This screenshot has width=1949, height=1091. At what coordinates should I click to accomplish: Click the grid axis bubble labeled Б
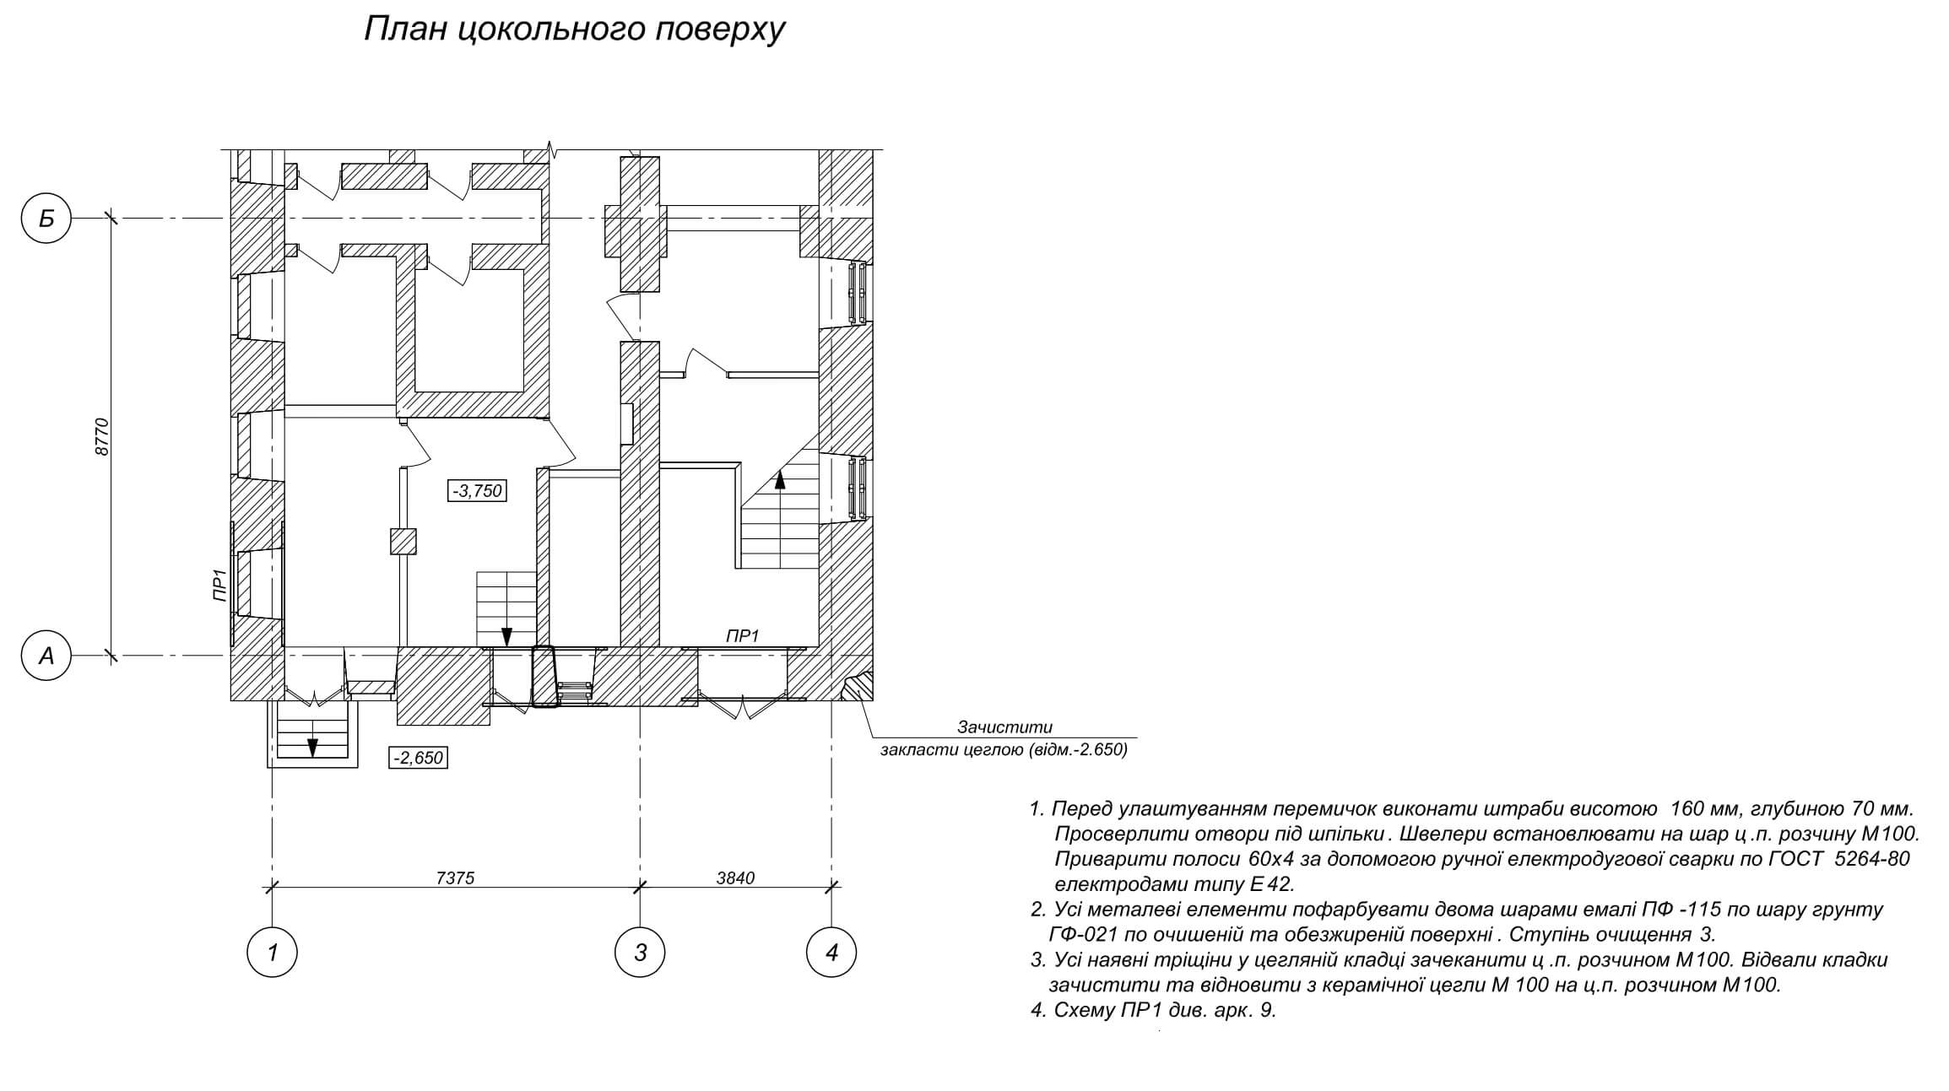point(46,219)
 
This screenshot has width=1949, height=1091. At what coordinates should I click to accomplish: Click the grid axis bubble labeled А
point(46,655)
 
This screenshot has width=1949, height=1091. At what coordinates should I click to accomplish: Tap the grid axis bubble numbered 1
point(272,953)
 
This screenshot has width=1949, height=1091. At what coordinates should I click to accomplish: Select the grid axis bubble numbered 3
point(640,953)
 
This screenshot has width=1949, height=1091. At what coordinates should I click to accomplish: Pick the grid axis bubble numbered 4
point(832,953)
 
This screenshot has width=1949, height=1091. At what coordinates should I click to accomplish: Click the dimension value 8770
point(103,437)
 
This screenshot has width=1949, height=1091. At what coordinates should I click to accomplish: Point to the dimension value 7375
point(455,878)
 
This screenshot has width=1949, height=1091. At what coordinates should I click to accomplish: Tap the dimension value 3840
point(735,878)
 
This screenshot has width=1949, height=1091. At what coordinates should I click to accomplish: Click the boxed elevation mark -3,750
point(477,491)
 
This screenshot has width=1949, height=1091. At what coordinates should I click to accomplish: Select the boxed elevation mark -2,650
point(418,758)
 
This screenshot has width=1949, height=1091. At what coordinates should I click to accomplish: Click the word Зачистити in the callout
point(1004,727)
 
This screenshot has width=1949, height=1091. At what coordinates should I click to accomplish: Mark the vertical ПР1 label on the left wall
point(219,585)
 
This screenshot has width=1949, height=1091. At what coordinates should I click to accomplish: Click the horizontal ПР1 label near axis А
point(743,636)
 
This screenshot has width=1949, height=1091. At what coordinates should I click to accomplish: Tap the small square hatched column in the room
point(403,541)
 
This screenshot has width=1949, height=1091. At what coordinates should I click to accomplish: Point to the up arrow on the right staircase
point(780,481)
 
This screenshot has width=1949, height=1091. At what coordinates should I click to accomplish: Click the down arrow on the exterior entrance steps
point(312,747)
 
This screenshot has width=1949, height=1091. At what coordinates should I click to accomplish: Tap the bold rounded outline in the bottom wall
point(544,677)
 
